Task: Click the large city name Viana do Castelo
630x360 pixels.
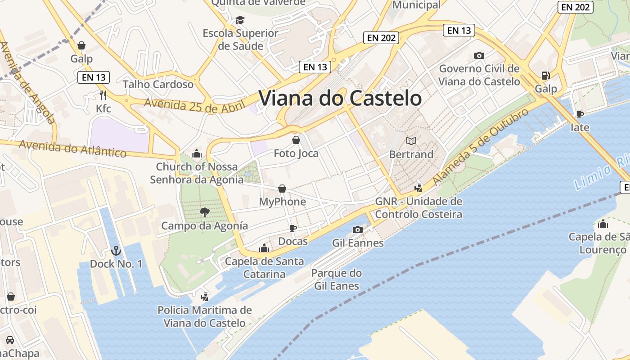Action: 340,98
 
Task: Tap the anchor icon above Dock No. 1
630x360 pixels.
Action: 116,251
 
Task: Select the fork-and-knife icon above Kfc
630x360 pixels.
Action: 103,95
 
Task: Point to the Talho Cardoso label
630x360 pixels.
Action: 158,84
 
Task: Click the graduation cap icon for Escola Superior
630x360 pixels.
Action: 240,20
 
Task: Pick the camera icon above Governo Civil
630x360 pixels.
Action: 479,55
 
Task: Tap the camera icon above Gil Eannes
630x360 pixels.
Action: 358,229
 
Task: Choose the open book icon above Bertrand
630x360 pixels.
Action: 411,141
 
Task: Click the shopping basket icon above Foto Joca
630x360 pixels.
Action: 296,140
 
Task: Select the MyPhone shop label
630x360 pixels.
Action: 282,202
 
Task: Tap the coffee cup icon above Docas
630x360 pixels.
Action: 293,228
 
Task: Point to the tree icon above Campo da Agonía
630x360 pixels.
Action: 205,212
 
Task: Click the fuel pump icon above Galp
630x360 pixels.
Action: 545,75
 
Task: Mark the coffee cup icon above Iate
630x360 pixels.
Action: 580,114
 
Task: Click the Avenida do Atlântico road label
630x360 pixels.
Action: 73,148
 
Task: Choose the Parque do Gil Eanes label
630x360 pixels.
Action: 336,279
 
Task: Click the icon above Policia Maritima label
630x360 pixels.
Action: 205,297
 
